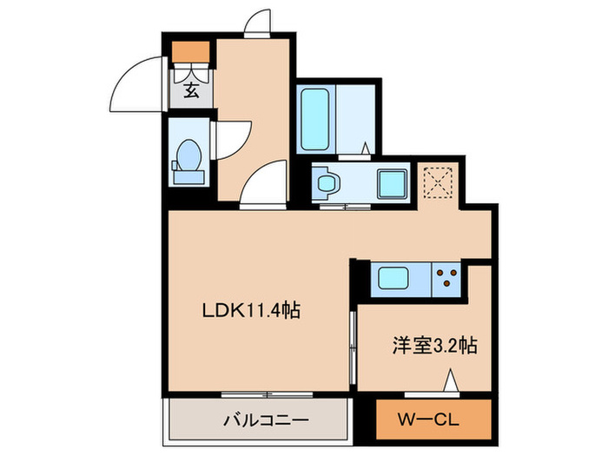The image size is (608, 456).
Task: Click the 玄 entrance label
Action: point(189,88)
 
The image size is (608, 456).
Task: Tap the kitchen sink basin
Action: point(400,280)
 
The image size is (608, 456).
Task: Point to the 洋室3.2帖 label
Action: point(431,345)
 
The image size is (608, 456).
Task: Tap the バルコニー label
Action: point(259,421)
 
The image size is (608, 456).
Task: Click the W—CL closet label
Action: point(431,420)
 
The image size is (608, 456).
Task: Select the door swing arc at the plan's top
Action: point(258,22)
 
